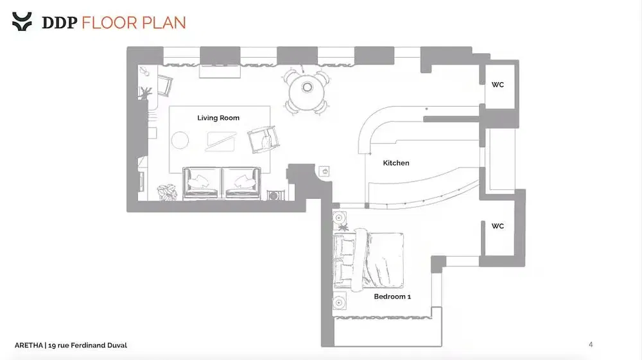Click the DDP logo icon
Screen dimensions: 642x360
pos(22,21)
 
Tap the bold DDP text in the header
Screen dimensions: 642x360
pos(60,22)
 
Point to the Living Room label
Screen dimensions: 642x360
pos(218,118)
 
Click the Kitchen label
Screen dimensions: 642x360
pos(396,163)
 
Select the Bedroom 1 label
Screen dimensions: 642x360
pos(392,296)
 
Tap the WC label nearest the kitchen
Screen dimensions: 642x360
pos(498,85)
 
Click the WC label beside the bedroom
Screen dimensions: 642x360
pos(498,226)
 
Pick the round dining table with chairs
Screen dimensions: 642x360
pos(307,92)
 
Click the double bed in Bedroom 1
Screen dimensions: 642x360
pos(368,260)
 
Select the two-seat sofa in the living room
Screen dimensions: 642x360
pos(221,183)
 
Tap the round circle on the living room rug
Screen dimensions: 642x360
pos(180,141)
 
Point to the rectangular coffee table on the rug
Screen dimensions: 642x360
pos(221,142)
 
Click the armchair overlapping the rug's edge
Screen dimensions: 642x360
pos(263,139)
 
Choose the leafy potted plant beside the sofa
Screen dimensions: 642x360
pos(167,192)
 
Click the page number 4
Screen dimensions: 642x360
pos(591,345)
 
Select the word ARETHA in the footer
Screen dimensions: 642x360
pos(29,345)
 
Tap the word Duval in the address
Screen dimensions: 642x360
pos(117,345)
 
